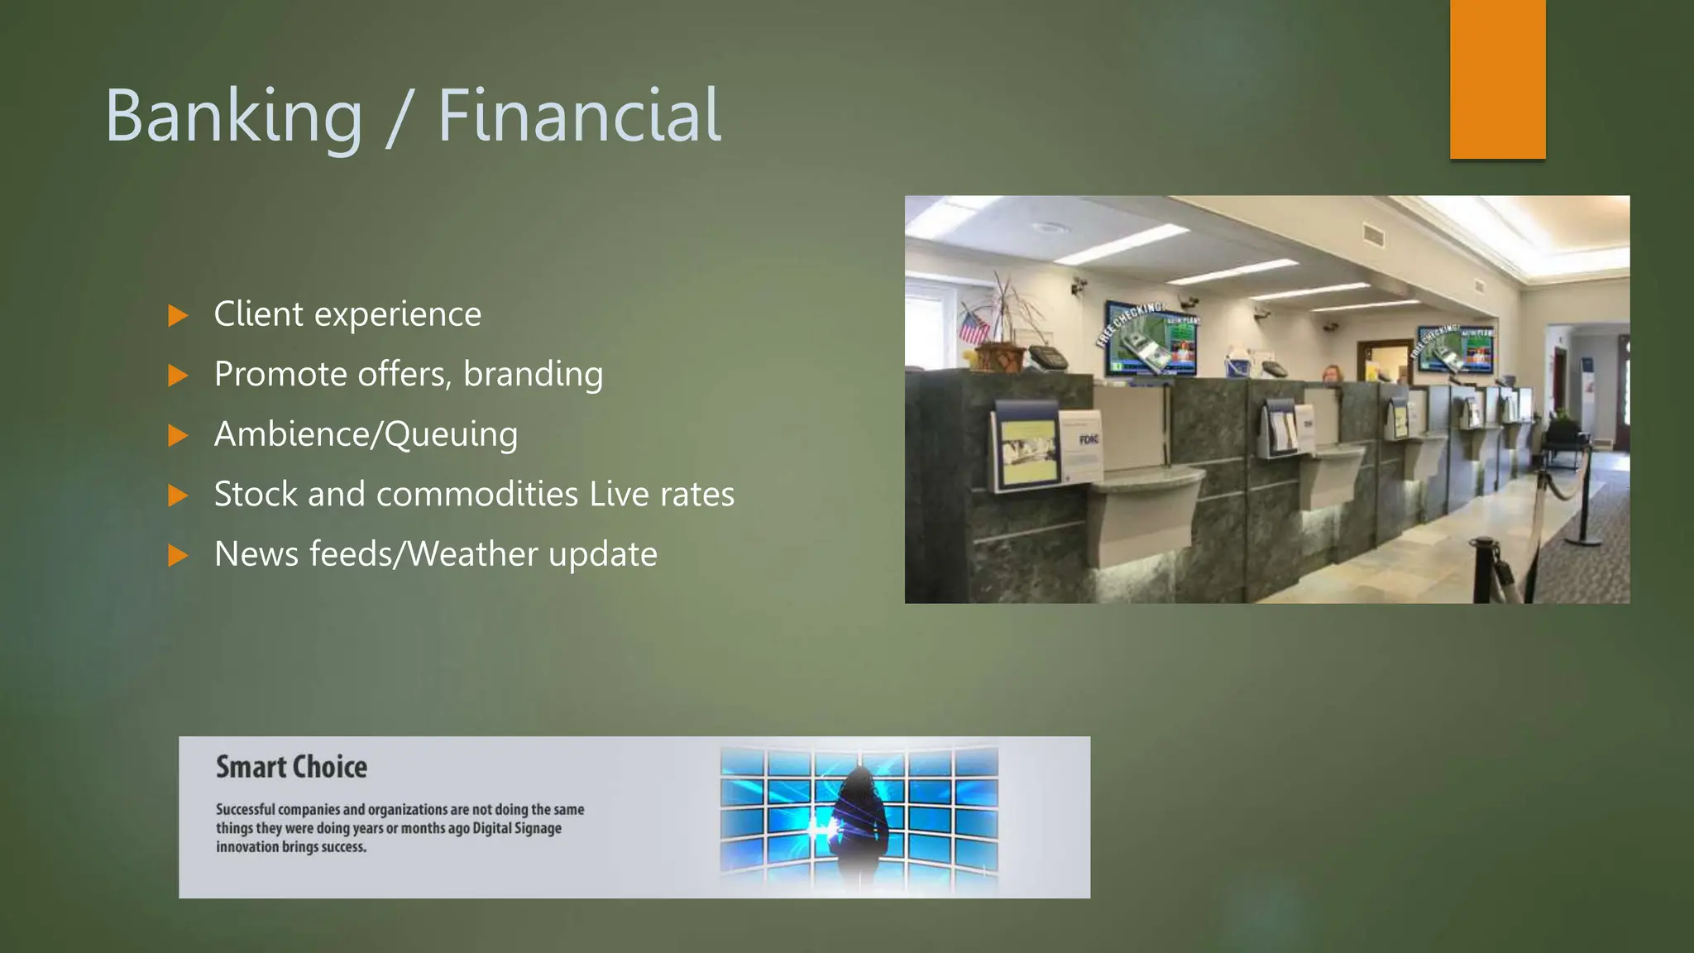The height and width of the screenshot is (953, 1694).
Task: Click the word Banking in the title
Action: [234, 117]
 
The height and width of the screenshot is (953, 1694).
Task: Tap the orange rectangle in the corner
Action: [1497, 79]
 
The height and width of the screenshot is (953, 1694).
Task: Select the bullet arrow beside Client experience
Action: [178, 315]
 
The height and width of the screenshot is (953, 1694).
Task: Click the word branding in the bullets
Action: [533, 374]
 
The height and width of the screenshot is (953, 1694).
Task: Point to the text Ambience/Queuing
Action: [366, 434]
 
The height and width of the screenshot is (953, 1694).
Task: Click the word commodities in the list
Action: [477, 494]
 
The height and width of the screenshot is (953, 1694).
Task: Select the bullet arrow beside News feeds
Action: [178, 555]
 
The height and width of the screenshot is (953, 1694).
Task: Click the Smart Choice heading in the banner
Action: [291, 767]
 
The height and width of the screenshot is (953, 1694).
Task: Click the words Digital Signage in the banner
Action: [517, 828]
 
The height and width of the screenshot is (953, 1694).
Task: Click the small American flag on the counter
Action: [973, 327]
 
